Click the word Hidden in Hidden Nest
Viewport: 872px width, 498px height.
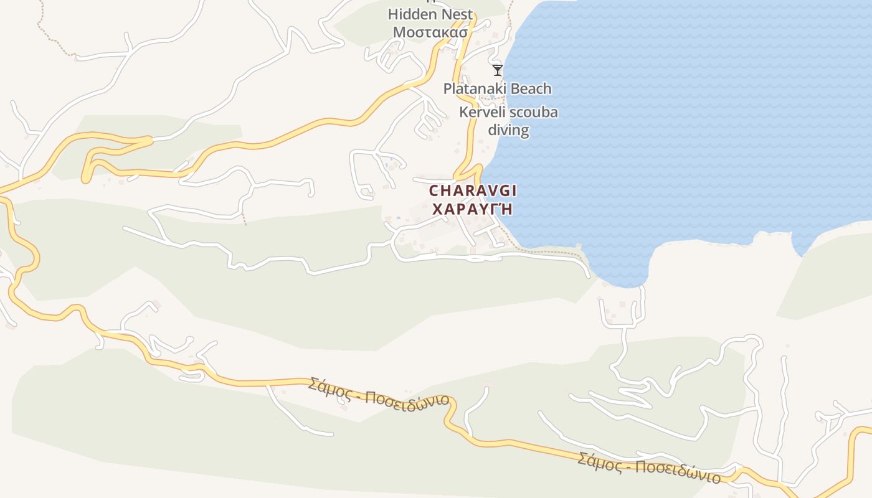pos(409,14)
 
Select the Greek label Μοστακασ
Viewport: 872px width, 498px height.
pos(430,32)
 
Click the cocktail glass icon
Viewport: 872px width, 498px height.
pos(497,70)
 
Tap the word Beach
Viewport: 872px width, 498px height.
pos(530,89)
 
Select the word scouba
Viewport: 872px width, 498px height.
pos(534,113)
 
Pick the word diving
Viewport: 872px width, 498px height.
pos(508,130)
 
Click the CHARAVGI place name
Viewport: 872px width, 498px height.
pos(473,190)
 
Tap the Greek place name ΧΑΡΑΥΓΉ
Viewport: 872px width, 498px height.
pos(472,209)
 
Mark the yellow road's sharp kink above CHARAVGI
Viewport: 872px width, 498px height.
pos(478,166)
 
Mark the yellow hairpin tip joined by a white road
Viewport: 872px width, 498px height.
pos(149,141)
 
